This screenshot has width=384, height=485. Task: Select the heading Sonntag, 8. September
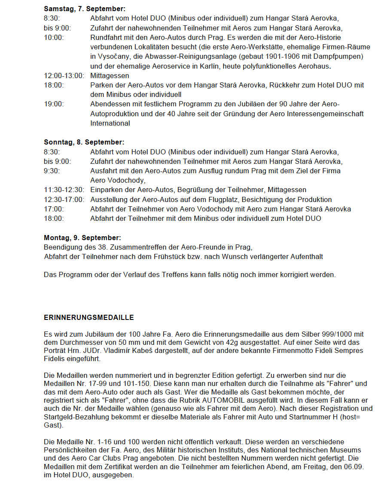point(84,142)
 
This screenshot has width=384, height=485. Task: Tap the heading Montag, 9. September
point(82,238)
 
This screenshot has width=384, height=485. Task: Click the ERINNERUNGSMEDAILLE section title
point(89,318)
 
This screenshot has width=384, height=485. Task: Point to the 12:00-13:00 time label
point(64,76)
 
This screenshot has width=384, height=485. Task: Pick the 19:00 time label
point(54,104)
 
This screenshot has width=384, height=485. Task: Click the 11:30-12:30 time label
point(64,190)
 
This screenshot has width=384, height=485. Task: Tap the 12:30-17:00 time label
point(64,199)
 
